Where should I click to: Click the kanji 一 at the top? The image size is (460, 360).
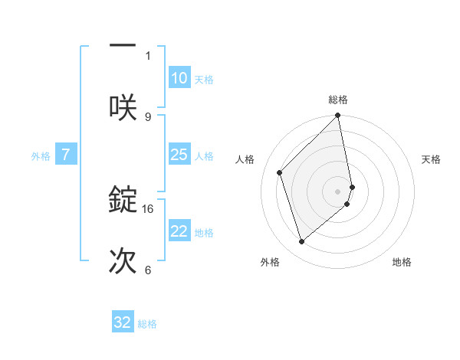tap(123, 46)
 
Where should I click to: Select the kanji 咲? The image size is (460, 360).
tap(123, 105)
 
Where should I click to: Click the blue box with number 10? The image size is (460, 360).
tap(179, 78)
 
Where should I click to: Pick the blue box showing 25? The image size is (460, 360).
tap(179, 155)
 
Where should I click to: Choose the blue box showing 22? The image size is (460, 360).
tap(179, 231)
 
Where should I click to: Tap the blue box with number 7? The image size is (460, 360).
tap(66, 155)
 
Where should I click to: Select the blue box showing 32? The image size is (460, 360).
tap(123, 322)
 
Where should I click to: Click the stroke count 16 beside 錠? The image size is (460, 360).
tap(148, 208)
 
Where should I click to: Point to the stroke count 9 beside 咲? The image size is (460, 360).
tap(148, 116)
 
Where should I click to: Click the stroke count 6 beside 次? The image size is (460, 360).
tap(148, 270)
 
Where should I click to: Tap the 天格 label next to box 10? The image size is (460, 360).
tap(204, 79)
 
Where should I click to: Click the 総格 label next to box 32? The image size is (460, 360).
tap(147, 323)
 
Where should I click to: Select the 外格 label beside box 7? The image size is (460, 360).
tap(41, 155)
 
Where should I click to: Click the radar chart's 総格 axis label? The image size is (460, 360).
tap(338, 100)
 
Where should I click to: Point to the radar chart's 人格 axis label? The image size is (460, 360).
tap(245, 159)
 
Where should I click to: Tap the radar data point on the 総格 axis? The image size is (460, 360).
tap(338, 116)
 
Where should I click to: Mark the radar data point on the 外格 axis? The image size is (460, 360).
tap(301, 242)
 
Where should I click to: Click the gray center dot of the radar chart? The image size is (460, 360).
tap(338, 190)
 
